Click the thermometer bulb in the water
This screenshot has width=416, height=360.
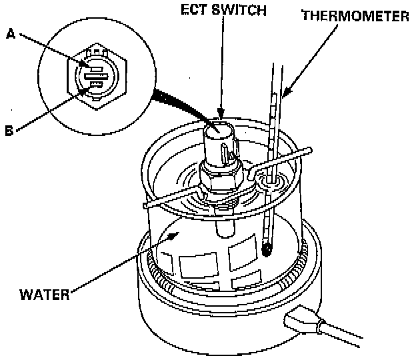click(x=267, y=250)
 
